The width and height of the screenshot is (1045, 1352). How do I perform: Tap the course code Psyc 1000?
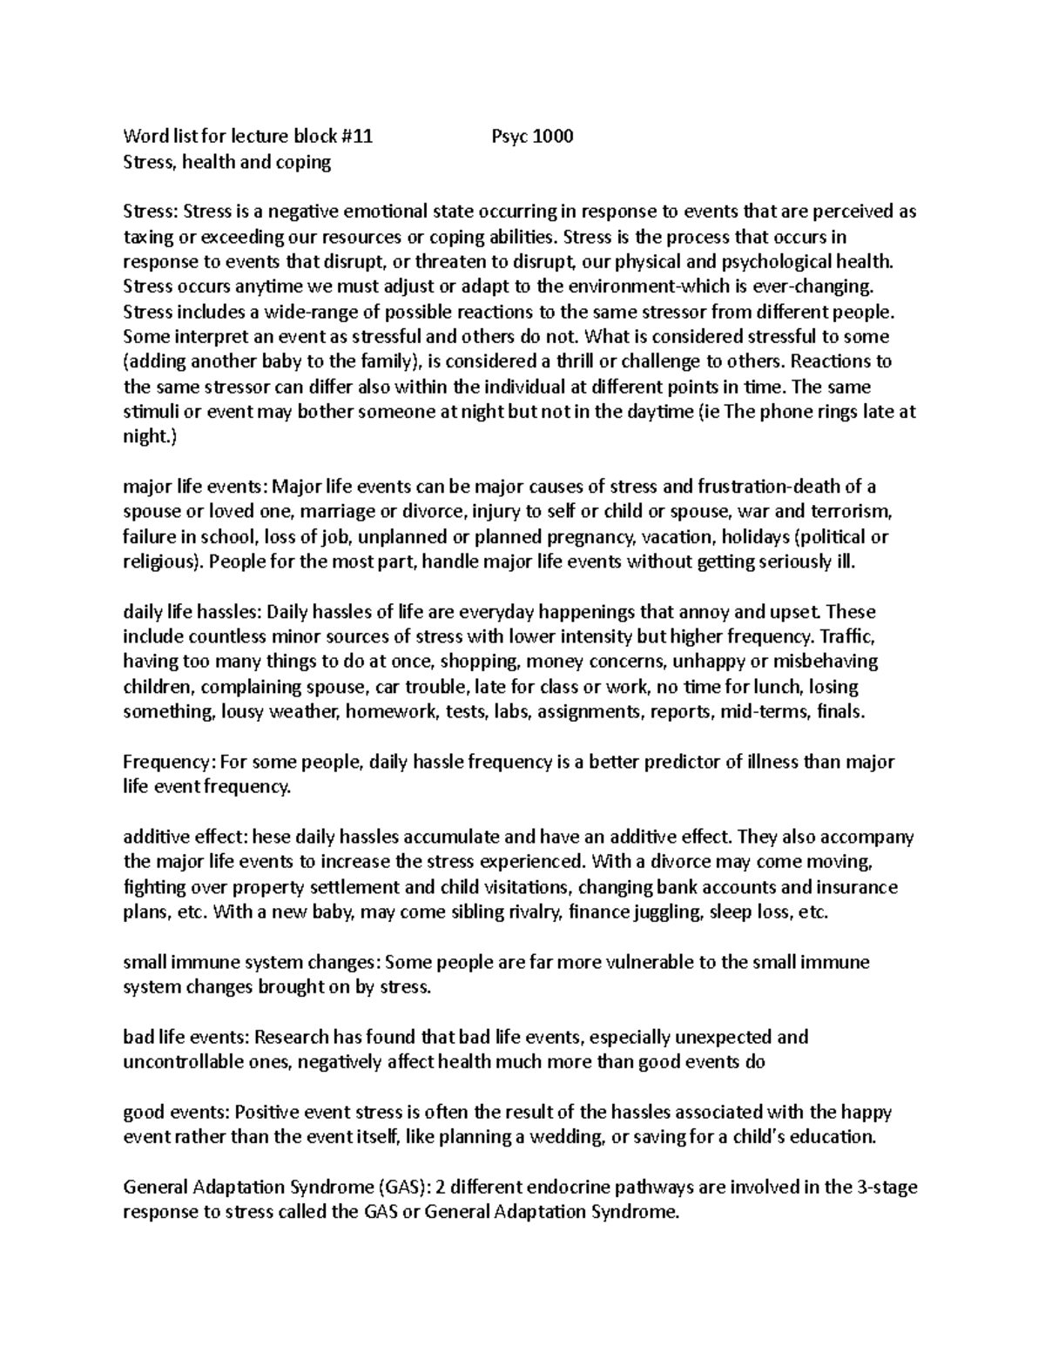[532, 136]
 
